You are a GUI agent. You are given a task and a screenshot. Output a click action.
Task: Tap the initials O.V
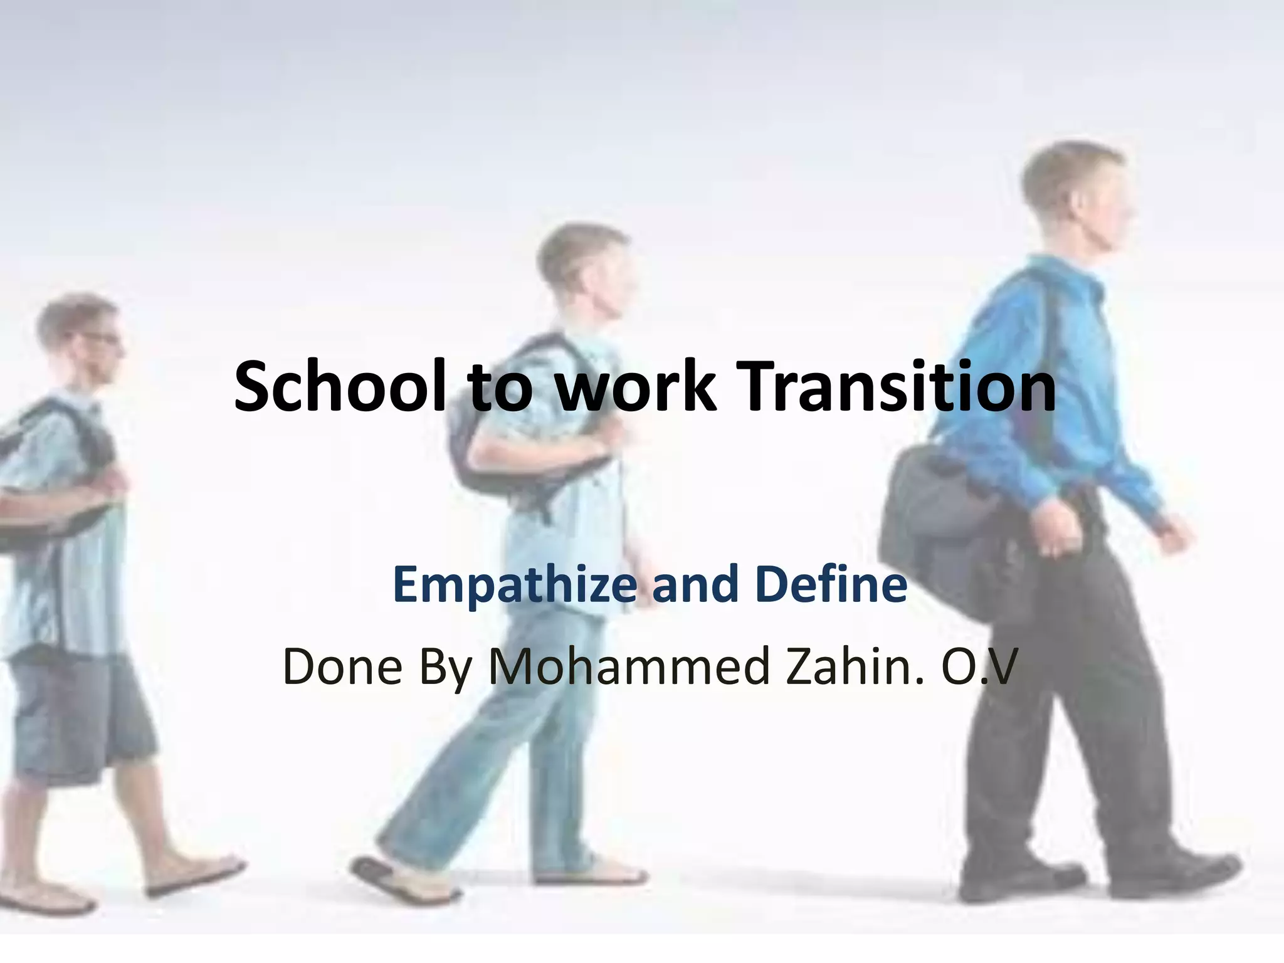(x=976, y=666)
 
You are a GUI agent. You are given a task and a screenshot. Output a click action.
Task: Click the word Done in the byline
(x=342, y=666)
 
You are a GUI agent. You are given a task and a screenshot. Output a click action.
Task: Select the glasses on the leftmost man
(x=100, y=337)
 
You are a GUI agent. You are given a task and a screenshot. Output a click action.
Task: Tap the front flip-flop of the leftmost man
(x=194, y=875)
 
